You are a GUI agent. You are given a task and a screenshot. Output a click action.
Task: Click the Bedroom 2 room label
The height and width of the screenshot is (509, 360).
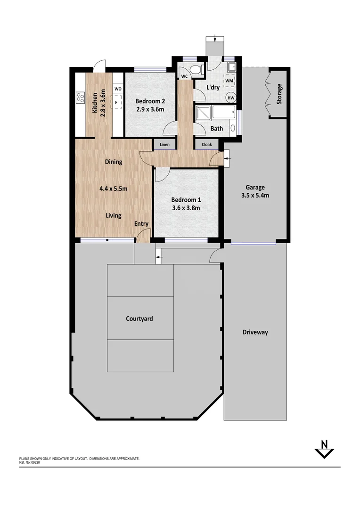pos(150,101)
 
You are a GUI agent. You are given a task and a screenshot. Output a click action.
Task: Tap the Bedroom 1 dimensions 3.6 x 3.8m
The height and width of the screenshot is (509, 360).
pos(185,208)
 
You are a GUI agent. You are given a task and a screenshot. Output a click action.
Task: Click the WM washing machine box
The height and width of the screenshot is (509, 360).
pos(229,81)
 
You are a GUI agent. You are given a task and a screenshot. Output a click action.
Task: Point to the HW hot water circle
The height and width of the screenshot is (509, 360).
pos(231,98)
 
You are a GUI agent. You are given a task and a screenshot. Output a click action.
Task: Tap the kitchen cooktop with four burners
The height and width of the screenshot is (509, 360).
pos(80,98)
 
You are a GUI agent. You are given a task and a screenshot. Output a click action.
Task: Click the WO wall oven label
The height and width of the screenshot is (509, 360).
pos(118,89)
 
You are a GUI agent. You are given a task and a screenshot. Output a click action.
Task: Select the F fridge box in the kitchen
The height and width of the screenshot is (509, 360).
pos(116,102)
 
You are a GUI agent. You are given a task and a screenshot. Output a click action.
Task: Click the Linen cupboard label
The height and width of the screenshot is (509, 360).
pos(164,145)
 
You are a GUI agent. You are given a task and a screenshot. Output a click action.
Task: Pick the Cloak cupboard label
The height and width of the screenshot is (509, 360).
pos(206,145)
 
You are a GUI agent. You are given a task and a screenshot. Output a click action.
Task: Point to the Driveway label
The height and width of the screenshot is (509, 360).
pos(255,332)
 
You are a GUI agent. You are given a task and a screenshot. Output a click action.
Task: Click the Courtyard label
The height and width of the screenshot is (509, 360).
pos(139,319)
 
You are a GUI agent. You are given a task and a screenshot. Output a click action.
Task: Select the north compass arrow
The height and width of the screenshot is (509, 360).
pos(324,450)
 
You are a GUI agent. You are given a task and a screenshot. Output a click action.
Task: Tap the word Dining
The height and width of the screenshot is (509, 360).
pos(113,162)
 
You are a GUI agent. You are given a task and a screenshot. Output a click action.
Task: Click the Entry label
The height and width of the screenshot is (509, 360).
pos(141,224)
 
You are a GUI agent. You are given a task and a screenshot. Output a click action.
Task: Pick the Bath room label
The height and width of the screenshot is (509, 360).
pos(217,128)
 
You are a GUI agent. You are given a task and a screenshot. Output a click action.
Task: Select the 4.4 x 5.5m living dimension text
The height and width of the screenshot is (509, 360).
pos(113,189)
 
